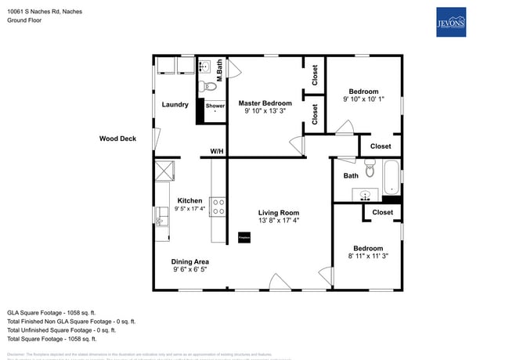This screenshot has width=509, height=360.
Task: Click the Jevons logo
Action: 450,22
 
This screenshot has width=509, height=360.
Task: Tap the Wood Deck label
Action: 117,139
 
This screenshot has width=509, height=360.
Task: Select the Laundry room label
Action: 175,104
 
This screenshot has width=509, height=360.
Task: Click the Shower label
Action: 215,106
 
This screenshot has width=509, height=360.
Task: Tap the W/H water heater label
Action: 217,151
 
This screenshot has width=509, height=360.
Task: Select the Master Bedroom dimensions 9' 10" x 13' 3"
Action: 265,111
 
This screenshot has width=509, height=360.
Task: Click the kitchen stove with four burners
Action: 219,206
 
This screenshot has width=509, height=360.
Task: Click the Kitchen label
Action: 190,200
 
